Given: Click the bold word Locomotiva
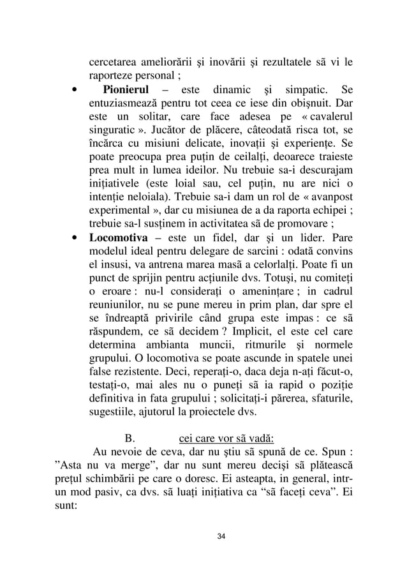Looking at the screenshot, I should click(117, 236).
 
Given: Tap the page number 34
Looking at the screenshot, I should click(221, 535).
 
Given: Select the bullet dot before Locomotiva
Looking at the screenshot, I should click(75, 237).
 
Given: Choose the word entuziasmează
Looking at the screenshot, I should click(129, 102).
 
